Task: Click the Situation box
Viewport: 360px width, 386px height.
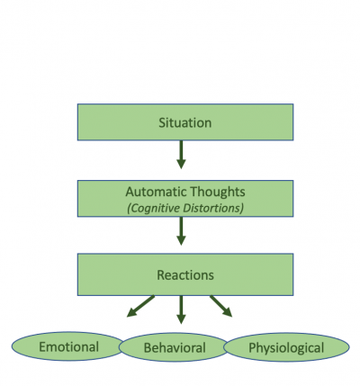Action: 185,122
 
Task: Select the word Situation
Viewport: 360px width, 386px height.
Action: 185,123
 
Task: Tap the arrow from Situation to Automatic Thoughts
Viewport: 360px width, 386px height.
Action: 181,155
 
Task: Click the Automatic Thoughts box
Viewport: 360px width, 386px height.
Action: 185,199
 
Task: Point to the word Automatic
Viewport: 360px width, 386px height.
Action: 156,192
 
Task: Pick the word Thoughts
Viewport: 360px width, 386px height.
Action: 218,192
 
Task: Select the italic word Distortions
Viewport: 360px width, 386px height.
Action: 213,208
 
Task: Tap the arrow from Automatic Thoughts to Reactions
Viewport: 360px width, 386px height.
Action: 181,231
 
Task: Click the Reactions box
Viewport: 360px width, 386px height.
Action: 185,274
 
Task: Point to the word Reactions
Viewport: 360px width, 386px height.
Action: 185,275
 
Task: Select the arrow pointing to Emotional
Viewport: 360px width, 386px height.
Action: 140,306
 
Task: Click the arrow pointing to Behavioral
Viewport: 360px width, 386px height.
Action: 181,310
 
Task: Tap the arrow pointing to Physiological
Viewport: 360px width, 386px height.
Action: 221,306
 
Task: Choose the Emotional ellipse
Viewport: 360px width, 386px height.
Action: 68,346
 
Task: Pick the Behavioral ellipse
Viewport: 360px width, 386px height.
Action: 175,347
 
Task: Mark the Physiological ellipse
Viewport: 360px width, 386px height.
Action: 286,347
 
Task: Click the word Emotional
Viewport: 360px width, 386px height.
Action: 69,347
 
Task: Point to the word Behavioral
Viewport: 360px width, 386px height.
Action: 175,348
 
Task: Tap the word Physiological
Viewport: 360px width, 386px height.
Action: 286,348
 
